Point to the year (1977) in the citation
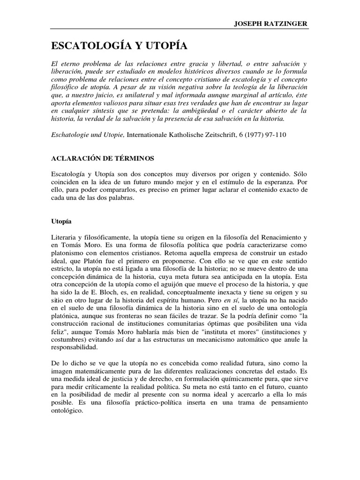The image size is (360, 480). [x=251, y=135]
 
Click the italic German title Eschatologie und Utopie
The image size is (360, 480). [x=88, y=135]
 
